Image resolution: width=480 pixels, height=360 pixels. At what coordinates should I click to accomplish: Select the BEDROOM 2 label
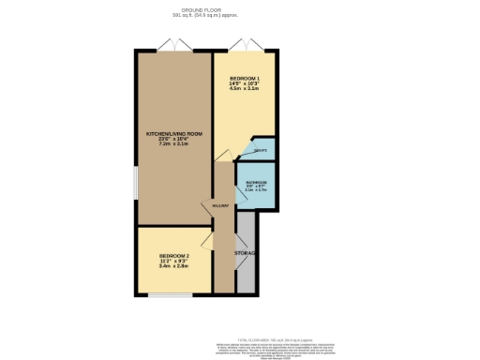coord(173,256)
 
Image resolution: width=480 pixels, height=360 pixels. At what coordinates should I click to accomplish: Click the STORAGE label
coord(246,254)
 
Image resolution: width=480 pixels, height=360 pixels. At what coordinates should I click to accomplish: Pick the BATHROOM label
coord(257,182)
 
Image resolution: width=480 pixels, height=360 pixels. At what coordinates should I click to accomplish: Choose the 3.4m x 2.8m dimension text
coord(173,266)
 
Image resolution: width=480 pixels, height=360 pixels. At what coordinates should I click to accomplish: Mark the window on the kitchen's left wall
coord(136,183)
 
